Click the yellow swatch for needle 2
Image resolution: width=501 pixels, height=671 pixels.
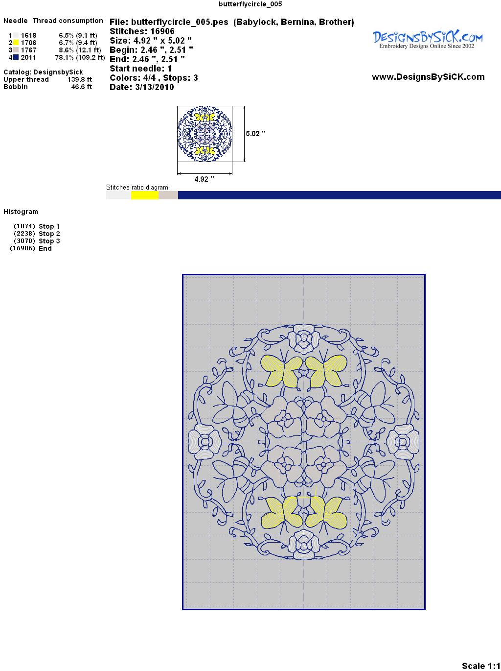[16, 43]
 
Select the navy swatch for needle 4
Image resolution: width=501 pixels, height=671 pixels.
[16, 57]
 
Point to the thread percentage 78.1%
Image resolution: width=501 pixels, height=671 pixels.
[65, 57]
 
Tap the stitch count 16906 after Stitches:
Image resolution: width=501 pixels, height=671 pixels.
[162, 31]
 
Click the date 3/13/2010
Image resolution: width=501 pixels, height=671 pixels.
[155, 87]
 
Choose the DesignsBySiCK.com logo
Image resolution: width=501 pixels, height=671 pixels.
[428, 40]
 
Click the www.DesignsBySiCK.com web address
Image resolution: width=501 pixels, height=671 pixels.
[428, 77]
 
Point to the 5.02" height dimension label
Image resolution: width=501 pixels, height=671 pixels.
[255, 134]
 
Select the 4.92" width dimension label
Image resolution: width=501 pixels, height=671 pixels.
[204, 179]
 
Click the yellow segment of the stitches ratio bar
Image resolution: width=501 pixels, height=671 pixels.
[145, 195]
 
